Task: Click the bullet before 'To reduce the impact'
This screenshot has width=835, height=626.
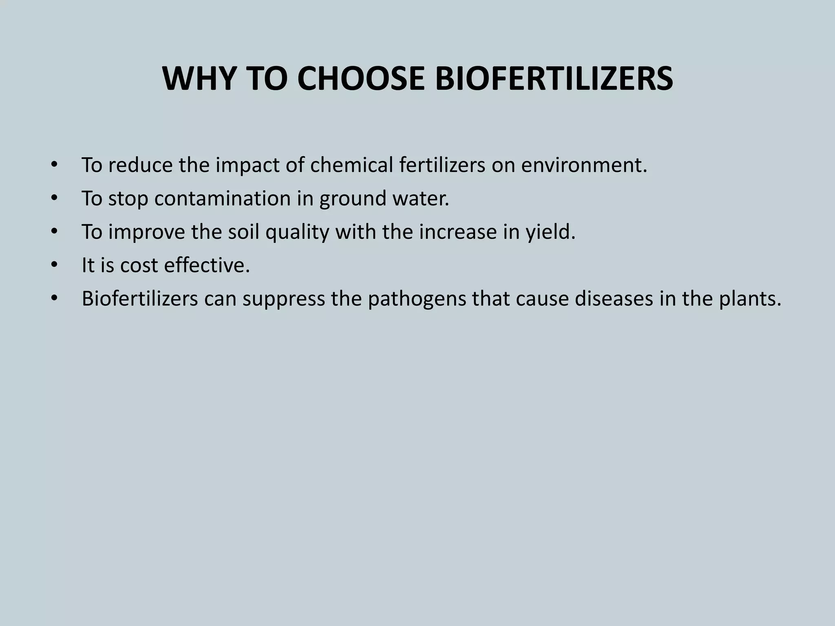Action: tap(54, 165)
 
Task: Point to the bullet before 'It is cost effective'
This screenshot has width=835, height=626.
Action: tap(54, 265)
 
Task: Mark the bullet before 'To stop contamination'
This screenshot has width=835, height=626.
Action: tap(54, 198)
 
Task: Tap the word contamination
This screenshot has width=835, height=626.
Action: tap(222, 198)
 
